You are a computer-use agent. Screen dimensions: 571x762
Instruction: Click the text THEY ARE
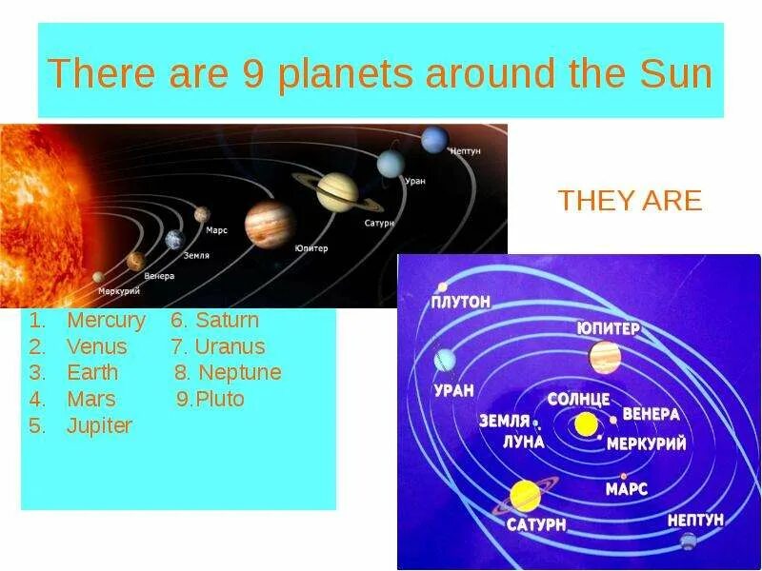click(630, 201)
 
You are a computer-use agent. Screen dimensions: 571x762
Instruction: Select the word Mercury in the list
click(106, 321)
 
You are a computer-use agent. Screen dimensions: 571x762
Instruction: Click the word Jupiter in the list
click(99, 425)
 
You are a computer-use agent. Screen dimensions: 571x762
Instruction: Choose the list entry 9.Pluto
click(211, 399)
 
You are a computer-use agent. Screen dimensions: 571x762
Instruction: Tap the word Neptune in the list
click(239, 372)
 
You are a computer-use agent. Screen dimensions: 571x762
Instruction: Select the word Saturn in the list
click(227, 321)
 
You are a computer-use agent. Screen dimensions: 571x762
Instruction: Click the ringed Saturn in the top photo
click(337, 190)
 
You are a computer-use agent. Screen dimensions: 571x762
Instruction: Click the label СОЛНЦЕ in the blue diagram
click(578, 399)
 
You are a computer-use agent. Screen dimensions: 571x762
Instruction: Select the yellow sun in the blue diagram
click(586, 423)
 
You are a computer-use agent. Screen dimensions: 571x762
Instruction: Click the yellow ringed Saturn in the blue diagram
click(525, 495)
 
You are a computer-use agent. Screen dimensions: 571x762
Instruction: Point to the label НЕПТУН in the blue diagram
click(695, 520)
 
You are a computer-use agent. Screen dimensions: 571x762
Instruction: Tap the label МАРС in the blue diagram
click(626, 489)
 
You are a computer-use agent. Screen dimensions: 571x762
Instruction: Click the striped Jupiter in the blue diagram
click(605, 357)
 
